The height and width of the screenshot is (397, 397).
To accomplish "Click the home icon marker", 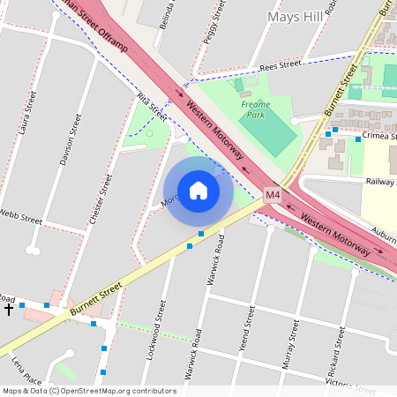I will click(198, 191).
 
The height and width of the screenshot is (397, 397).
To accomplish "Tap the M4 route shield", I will click(273, 194).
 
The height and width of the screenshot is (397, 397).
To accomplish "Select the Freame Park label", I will click(255, 109).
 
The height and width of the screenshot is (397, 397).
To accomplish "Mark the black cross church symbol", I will click(9, 309).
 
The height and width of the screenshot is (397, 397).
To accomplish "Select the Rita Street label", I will click(152, 108).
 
